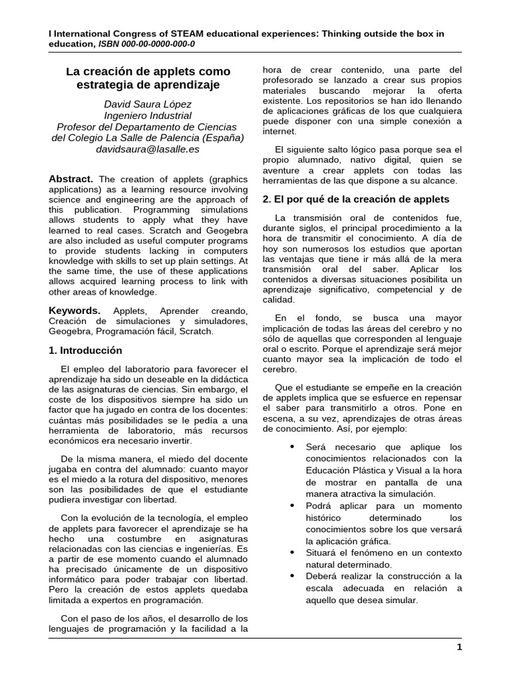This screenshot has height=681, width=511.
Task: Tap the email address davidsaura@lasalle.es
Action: click(148, 149)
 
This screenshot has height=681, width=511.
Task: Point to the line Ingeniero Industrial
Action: click(148, 115)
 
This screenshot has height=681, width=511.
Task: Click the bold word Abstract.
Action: click(71, 179)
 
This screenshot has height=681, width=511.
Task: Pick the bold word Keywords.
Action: click(75, 311)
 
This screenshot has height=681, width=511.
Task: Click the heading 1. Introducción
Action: click(86, 350)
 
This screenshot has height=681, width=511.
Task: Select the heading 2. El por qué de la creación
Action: click(356, 199)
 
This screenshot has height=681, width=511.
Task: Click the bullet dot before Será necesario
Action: click(292, 446)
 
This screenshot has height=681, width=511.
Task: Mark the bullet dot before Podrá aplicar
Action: click(292, 505)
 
